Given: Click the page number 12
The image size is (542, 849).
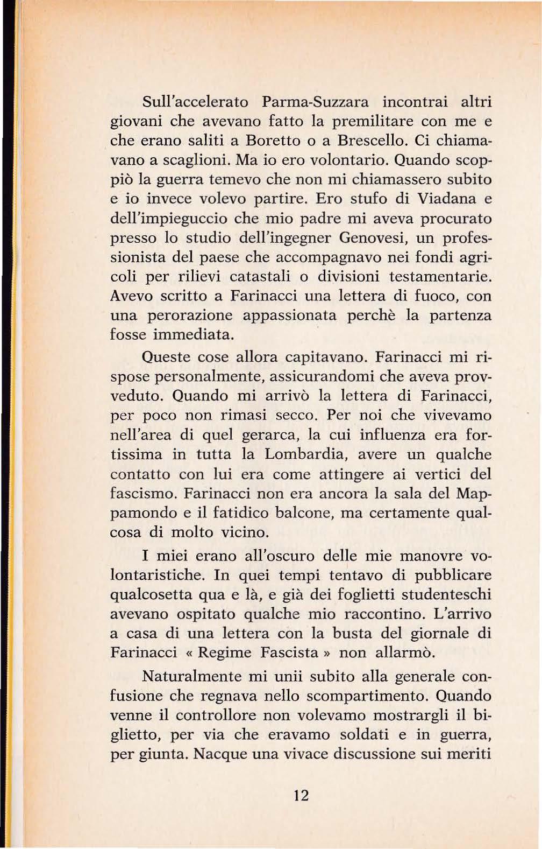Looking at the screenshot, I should pyautogui.click(x=301, y=795).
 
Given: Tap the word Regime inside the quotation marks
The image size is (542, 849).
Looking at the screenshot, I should pyautogui.click(x=225, y=652).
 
